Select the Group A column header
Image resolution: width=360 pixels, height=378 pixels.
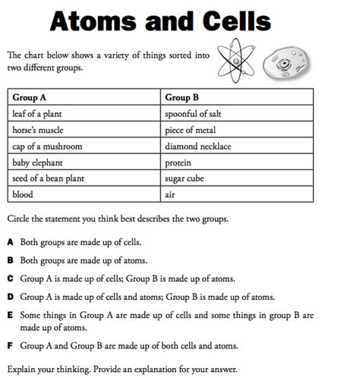pos(30,97)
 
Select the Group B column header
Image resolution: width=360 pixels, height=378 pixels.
pos(182,97)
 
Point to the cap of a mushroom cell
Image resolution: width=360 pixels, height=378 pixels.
pos(47,146)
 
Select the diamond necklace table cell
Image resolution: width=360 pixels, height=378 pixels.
pos(197,146)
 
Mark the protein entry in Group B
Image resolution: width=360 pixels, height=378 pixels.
pos(178,162)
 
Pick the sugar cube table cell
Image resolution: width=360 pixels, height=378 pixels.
pos(185,178)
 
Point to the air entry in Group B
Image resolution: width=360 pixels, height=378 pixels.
pos(169,194)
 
